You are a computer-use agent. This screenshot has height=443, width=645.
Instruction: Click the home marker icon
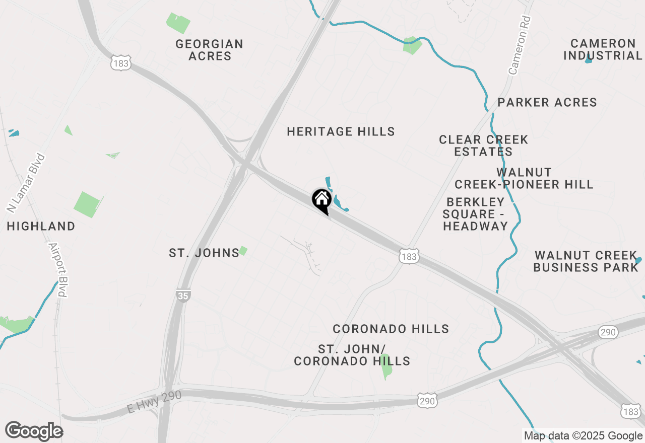tap(321, 200)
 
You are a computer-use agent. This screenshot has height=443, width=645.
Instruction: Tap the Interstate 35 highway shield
tap(183, 296)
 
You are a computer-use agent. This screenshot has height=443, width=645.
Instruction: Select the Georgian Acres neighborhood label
tap(210, 50)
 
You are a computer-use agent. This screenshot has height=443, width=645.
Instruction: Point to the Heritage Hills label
tap(341, 132)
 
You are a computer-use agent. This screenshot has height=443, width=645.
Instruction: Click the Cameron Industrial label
tap(603, 50)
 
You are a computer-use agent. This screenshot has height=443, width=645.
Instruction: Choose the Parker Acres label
tap(547, 103)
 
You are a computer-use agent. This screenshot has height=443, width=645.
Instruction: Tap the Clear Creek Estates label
tap(483, 145)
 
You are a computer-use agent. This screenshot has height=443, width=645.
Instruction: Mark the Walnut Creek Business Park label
tap(586, 261)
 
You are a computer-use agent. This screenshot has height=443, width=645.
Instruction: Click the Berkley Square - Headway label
tap(475, 214)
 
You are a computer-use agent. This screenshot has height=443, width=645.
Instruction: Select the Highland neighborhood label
tap(41, 227)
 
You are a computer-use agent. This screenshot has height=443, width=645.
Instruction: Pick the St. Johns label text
tap(204, 253)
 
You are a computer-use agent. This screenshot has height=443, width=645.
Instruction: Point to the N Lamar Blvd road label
tap(26, 183)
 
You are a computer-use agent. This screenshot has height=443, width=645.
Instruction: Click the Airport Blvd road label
tap(58, 270)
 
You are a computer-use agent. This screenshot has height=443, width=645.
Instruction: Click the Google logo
tap(34, 431)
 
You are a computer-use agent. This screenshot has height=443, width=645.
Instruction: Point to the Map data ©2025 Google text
tap(583, 436)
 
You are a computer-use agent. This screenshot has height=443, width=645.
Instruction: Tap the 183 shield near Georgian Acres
tap(121, 63)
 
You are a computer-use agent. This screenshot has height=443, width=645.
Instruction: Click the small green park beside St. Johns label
tap(243, 250)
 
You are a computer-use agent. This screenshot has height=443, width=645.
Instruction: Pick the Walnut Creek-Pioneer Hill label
tap(524, 179)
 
